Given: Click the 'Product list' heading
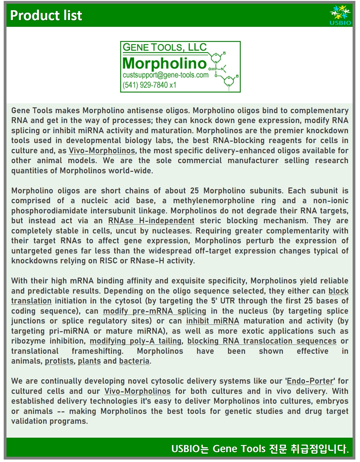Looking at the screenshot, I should point(46,15).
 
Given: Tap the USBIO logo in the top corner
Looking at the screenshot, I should point(340,15).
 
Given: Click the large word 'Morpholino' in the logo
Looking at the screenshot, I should point(164,64).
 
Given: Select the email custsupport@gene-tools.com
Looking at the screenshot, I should point(166,75).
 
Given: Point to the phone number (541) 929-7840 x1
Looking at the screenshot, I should point(149,85).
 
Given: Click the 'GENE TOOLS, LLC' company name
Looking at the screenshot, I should point(165,47).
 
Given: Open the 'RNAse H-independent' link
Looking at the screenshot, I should point(151,221).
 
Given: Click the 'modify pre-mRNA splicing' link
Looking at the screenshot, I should point(154,311).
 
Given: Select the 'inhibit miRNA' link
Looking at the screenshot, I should point(212,321).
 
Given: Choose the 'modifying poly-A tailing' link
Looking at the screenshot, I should point(135,341).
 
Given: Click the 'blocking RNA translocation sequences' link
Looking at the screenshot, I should point(262,341).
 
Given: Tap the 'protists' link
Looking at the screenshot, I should point(59,361).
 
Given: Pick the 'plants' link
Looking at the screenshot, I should point(89,361).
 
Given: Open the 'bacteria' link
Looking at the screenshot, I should point(134,361).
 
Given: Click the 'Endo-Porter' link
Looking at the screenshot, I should point(310,381).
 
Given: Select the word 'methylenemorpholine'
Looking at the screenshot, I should point(214,201).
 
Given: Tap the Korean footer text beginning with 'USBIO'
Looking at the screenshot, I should point(260,449).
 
